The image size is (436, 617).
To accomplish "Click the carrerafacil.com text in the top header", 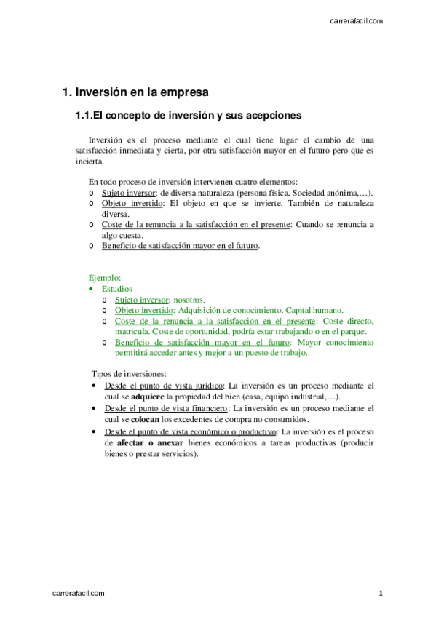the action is pos(356,21).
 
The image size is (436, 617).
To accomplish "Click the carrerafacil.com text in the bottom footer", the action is pos(79,594).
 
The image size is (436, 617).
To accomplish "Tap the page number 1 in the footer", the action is pos(380,594).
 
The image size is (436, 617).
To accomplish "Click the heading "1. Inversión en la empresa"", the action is pos(135,92).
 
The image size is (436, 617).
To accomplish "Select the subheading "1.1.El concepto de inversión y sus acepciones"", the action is pos(189,116).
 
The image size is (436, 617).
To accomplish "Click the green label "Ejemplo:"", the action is pos(105,278).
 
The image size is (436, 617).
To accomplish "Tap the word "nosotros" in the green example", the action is pos(189,299).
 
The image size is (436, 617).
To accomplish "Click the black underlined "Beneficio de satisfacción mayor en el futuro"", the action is pos(180,246).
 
